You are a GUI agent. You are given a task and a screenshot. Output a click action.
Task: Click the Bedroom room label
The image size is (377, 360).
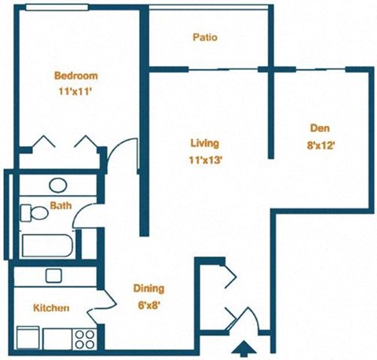pos(76,76)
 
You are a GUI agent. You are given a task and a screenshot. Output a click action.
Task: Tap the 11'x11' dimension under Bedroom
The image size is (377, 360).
pos(75,91)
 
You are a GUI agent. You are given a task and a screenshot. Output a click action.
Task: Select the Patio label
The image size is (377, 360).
pos(204,37)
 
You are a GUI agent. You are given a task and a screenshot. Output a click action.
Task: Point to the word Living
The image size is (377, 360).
pos(204,144)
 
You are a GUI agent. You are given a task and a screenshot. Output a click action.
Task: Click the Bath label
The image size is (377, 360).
pos(60,207)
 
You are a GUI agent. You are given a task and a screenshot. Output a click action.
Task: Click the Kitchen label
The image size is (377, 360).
pos(51,308)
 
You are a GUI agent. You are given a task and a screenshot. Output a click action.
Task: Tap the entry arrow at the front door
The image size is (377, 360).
pos(244,347)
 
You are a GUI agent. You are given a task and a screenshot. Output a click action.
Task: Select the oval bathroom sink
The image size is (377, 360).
pos(58,186)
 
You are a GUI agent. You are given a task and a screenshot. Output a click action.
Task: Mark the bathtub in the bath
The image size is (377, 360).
pos(47,246)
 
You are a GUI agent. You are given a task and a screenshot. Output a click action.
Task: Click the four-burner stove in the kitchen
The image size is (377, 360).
pos(83,338)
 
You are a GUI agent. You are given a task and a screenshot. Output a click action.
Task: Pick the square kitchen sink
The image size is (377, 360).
pos(53,275)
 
